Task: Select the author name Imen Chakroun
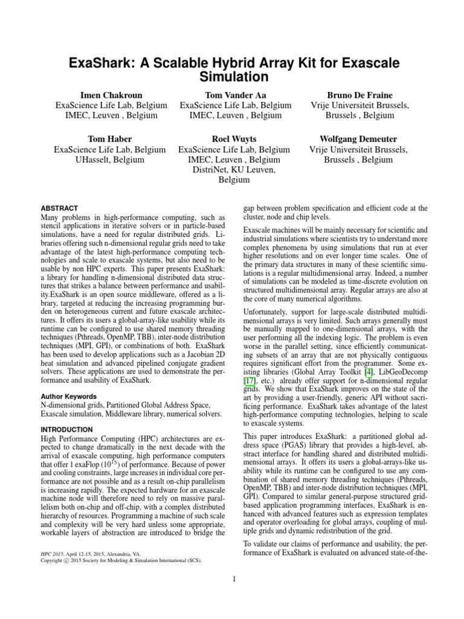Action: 109,95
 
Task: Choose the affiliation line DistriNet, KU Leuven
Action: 234,170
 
